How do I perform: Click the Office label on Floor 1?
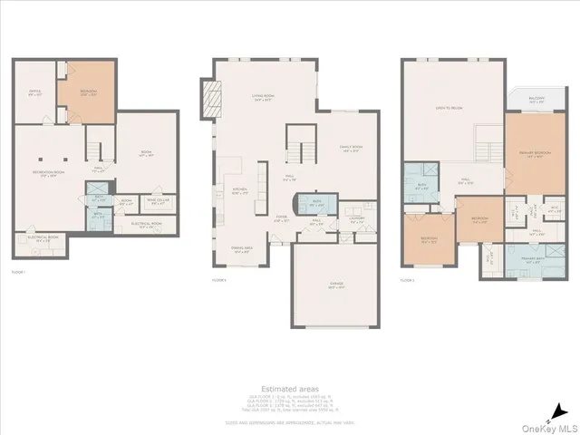(34, 92)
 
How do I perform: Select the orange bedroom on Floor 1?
(86, 92)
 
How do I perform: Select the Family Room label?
(351, 149)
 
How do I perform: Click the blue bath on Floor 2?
(318, 204)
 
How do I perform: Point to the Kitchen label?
(241, 192)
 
